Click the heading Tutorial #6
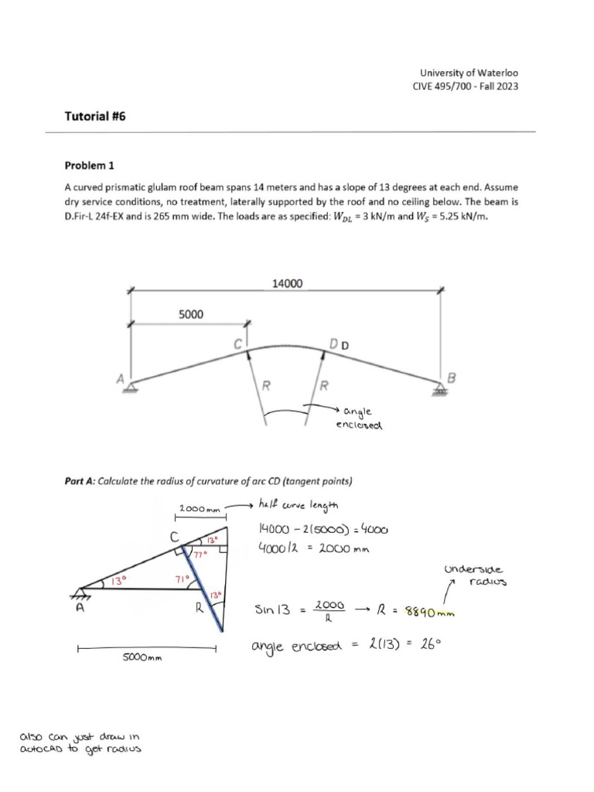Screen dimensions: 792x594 (x=94, y=116)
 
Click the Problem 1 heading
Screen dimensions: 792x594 (x=88, y=166)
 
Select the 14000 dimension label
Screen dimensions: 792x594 (x=288, y=284)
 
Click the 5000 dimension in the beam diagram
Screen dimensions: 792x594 (x=191, y=314)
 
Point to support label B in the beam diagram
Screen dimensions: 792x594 (x=452, y=377)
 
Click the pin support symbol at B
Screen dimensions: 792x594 (x=441, y=390)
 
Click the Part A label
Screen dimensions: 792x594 (x=80, y=480)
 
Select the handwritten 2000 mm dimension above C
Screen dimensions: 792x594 (x=200, y=509)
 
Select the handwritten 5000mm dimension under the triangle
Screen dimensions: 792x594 (x=144, y=657)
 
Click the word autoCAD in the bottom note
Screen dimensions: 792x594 (x=43, y=750)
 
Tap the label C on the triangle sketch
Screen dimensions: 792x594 (x=176, y=536)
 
